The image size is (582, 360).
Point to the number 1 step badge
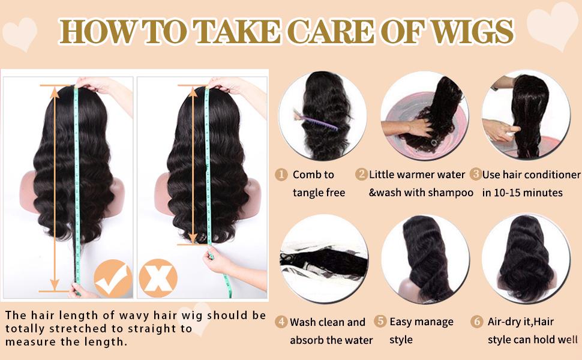coord(281,175)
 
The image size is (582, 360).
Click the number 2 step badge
coord(361,175)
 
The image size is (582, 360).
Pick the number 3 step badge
coord(475,175)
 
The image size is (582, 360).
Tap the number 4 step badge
coord(281,322)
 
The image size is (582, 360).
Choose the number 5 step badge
coord(380,322)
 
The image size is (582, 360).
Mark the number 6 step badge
coord(477,322)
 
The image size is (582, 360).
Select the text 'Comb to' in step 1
coord(313,175)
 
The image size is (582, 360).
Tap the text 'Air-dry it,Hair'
coord(521,322)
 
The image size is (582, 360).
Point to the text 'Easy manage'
coord(421,322)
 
